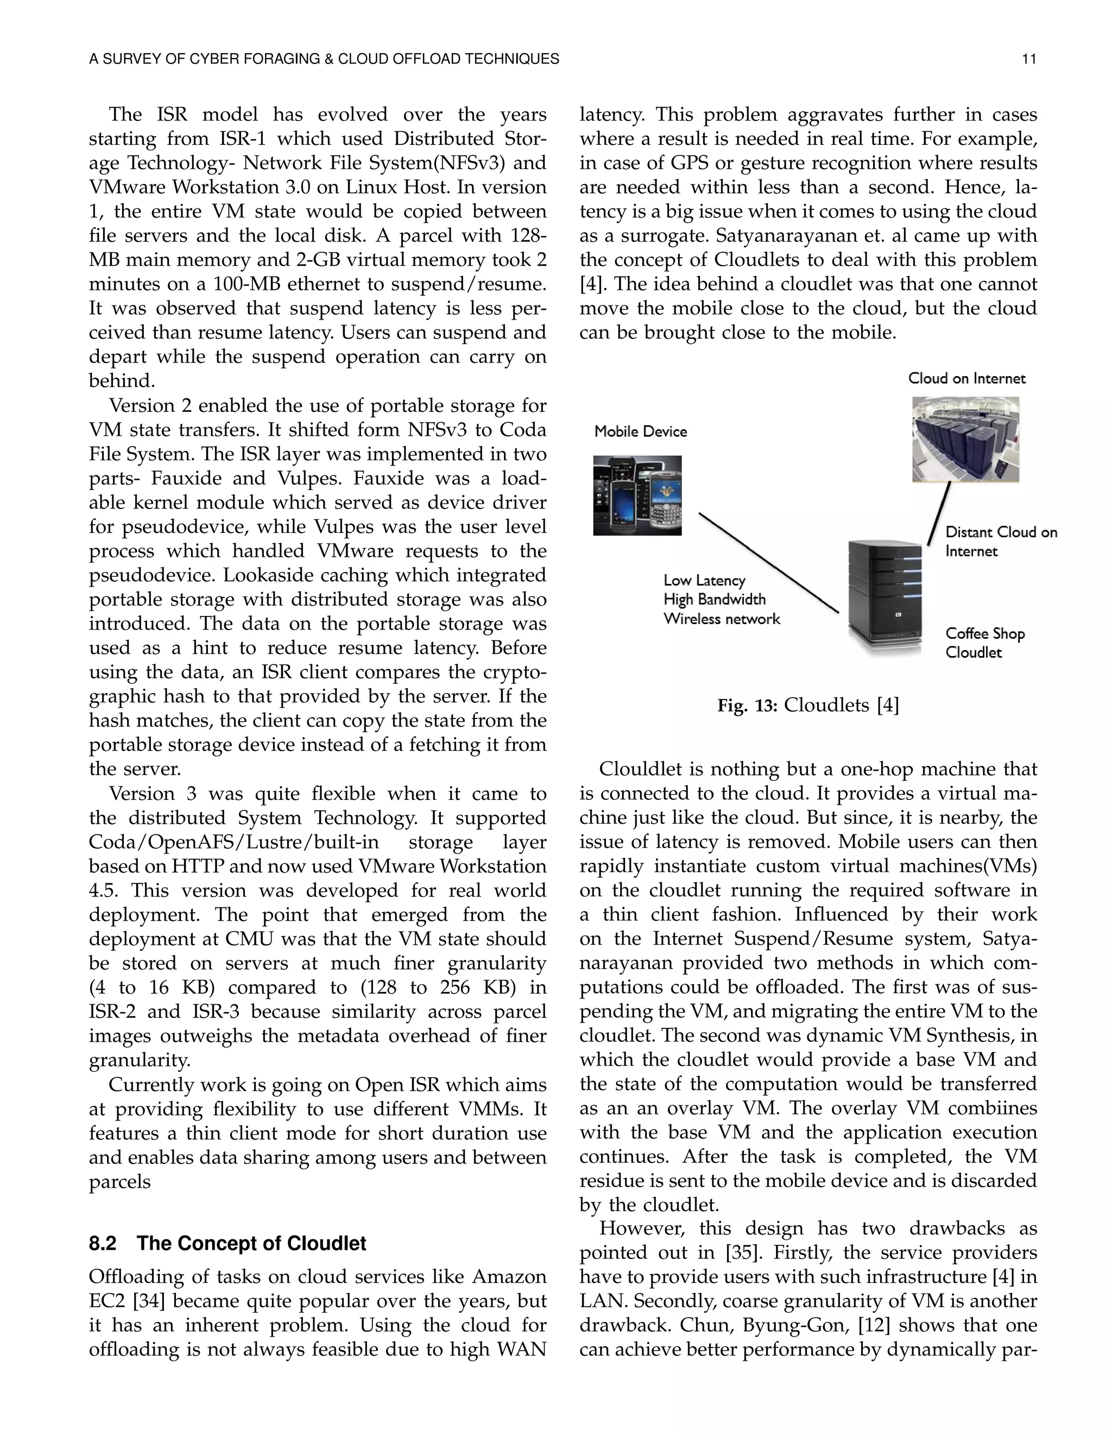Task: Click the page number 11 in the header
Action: (1029, 59)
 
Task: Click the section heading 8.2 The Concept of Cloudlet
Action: (228, 1243)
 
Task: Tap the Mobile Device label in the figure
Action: (640, 431)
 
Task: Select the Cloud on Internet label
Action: (966, 378)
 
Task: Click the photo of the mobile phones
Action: (637, 495)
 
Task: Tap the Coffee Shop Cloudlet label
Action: (984, 642)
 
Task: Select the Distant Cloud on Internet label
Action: (1000, 541)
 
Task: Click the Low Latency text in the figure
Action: (704, 580)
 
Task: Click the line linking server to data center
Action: (939, 513)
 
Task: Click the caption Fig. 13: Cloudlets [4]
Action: (807, 706)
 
